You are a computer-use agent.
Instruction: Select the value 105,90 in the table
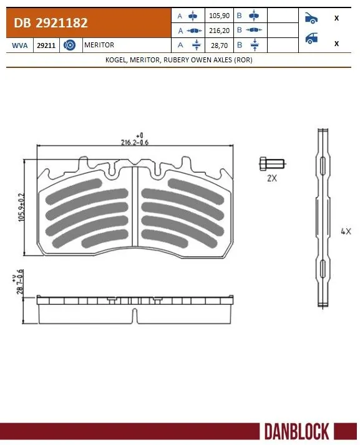pos(216,15)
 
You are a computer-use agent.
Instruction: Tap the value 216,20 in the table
pos(216,30)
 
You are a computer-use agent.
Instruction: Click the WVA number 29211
pos(45,45)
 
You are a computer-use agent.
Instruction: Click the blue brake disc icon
pos(71,45)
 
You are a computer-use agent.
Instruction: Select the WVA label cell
pos(19,45)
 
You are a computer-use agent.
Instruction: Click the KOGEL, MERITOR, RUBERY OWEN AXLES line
pos(180,60)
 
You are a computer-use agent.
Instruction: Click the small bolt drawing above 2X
pos(272,164)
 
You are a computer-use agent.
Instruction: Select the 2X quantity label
pos(271,178)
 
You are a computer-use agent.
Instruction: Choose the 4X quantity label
pos(346,231)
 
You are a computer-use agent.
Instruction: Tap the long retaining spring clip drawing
pos(322,218)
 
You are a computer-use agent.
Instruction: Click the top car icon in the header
pos(311,17)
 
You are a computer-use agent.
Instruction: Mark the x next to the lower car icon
pos(336,43)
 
